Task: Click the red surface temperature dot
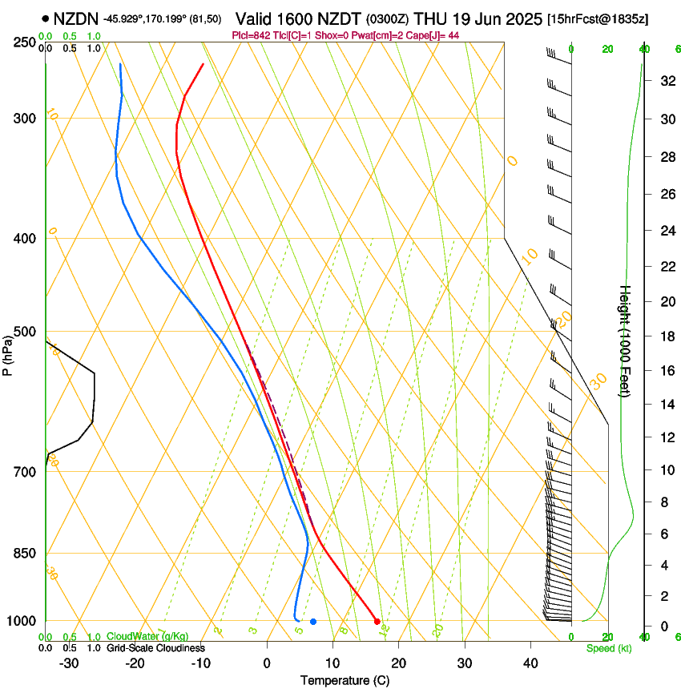[377, 621]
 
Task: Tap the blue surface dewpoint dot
[313, 621]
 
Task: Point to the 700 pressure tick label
[24, 472]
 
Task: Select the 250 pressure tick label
[24, 42]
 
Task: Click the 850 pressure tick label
[24, 554]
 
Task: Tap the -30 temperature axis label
[69, 663]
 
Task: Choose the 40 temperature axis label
[530, 663]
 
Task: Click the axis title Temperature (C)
[345, 680]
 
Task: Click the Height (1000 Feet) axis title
[625, 340]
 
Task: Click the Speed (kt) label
[608, 648]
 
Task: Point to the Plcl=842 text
[250, 35]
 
